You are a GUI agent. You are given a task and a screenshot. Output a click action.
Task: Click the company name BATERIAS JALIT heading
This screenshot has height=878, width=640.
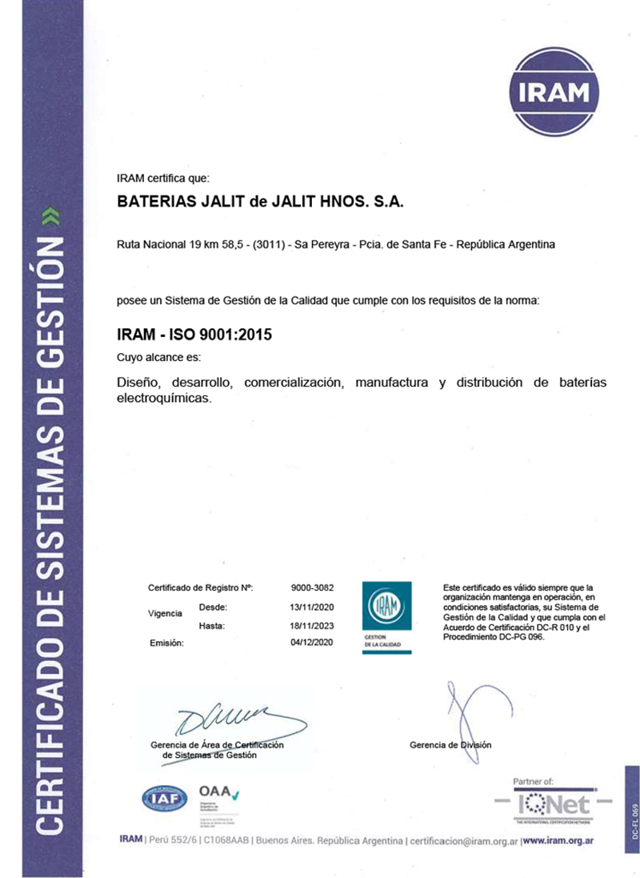point(260,203)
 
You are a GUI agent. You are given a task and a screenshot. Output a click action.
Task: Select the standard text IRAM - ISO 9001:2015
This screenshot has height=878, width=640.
point(194,335)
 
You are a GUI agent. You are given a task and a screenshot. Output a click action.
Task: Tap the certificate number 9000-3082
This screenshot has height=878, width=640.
point(313,588)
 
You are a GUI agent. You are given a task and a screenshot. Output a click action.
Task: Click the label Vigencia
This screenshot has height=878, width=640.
point(165,615)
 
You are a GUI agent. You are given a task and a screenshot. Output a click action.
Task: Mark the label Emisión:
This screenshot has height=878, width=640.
point(167,643)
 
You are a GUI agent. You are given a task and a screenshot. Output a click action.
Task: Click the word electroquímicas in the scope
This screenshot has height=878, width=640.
point(164,398)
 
